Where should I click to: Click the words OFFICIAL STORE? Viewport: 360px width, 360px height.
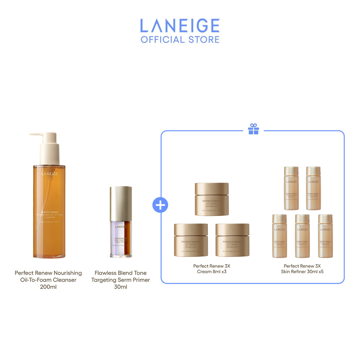(180, 40)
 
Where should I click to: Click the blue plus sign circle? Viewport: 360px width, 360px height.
(160, 205)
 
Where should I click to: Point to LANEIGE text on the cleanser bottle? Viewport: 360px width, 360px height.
(50, 174)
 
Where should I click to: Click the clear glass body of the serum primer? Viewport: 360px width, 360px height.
(121, 238)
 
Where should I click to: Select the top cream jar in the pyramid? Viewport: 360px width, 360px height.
(212, 199)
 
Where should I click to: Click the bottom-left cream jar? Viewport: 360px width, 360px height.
(191, 240)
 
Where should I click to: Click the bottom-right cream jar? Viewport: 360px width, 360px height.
(232, 240)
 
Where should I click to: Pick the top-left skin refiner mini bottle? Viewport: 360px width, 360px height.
(291, 188)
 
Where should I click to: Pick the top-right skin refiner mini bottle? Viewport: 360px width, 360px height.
(313, 188)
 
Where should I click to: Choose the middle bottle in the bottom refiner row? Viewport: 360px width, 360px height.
(302, 236)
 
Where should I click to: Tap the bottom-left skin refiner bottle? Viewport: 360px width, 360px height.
(280, 236)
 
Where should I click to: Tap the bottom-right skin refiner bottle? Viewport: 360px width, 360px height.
(325, 236)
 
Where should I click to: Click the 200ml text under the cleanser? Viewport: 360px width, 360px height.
(48, 287)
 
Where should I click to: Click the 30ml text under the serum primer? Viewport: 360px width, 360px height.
(121, 287)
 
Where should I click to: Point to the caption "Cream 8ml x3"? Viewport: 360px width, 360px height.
(212, 272)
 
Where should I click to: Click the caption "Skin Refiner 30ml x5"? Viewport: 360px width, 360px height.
(302, 272)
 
